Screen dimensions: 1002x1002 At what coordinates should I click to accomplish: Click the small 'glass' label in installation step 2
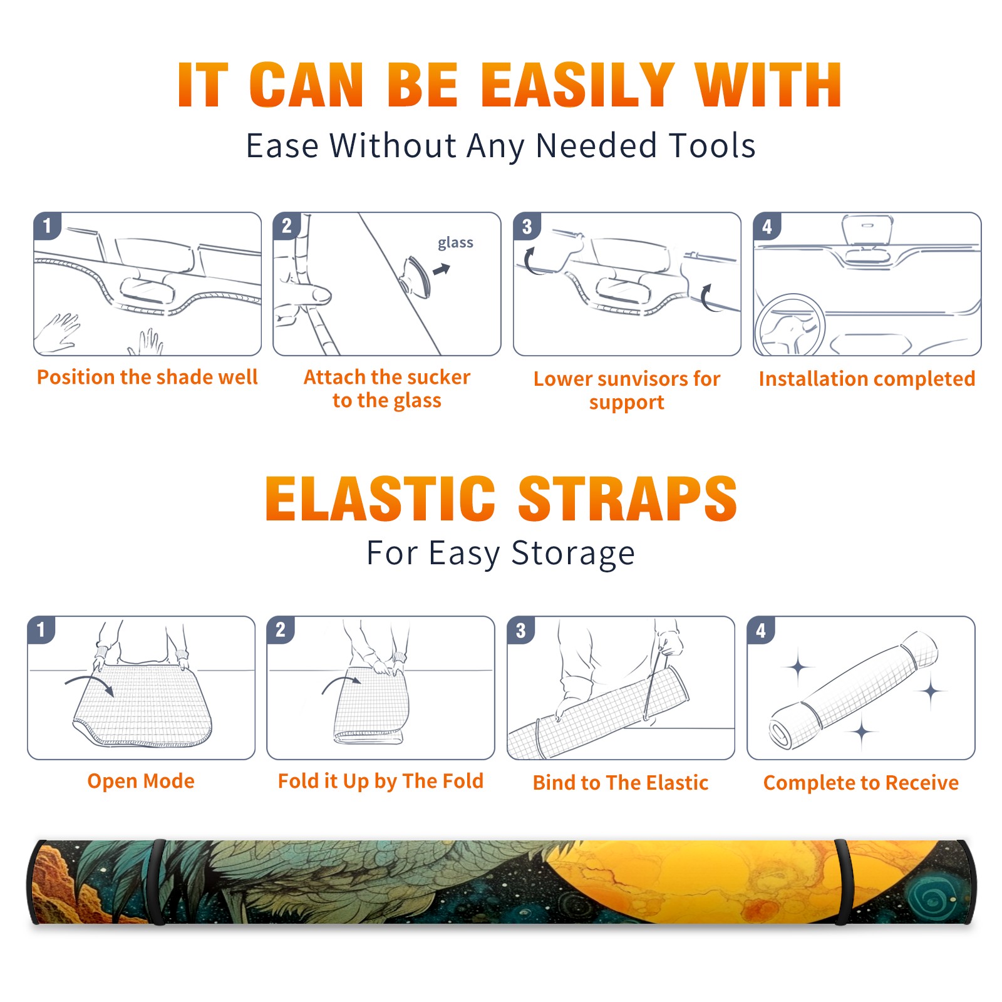455,243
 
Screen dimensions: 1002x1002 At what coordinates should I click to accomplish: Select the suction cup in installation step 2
416,276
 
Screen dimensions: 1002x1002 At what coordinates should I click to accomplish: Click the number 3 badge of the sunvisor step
527,226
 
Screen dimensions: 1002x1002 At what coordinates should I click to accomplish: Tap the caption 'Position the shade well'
147,377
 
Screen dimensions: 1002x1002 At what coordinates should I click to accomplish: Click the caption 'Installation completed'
867,378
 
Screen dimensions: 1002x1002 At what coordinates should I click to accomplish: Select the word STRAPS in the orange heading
628,498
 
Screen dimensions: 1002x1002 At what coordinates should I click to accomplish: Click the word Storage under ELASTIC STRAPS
573,554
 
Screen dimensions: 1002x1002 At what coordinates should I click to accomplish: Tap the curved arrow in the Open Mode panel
90,683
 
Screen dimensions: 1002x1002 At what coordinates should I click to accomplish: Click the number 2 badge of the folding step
280,629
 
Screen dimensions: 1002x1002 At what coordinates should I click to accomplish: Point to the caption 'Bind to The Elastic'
621,782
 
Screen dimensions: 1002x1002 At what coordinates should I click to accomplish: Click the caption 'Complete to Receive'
861,782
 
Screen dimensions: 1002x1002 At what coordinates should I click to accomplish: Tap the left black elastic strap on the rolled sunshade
157,882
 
